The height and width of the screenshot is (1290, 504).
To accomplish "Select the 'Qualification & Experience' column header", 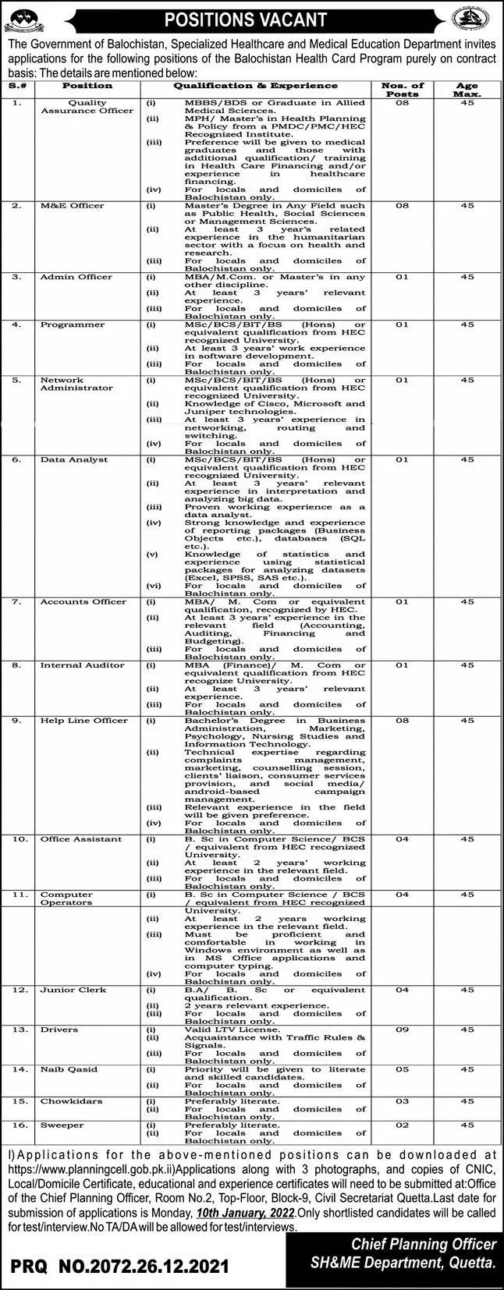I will pyautogui.click(x=255, y=86).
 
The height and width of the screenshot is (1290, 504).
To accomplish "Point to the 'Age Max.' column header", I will pyautogui.click(x=467, y=90).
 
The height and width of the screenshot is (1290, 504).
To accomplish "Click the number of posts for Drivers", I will pyautogui.click(x=402, y=1030).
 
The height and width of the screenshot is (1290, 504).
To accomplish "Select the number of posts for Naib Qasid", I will pyautogui.click(x=402, y=1069).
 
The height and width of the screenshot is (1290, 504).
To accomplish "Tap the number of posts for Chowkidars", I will pyautogui.click(x=402, y=1101).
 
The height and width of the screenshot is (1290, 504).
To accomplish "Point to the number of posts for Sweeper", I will pyautogui.click(x=402, y=1125).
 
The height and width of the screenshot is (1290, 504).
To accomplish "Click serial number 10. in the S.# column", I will pyautogui.click(x=20, y=839).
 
